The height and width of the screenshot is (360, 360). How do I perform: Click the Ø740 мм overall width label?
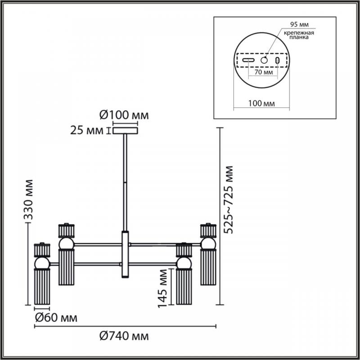pos(124,336)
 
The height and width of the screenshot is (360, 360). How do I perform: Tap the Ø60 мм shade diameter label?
pos(56,318)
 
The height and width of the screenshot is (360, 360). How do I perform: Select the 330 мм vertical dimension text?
pos(29,199)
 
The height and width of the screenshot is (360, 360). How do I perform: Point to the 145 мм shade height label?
pos(162,288)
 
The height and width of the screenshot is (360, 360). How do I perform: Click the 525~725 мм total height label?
pos(229,199)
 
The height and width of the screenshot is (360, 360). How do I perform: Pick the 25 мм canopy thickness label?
pos(87,131)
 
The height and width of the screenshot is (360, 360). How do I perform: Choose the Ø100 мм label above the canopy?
pos(124,115)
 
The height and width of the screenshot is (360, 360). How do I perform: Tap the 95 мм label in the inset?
pos(299,24)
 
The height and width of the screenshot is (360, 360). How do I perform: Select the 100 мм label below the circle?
pos(261,103)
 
